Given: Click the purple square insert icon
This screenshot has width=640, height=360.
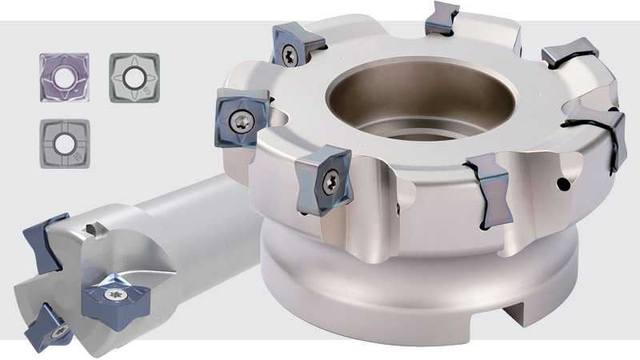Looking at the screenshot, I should click(64, 77).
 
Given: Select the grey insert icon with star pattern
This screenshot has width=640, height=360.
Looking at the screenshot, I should click(134, 77).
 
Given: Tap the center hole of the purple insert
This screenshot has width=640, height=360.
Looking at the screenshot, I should click(64, 77).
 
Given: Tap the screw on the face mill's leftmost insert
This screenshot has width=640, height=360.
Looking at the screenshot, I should click(242, 118).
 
